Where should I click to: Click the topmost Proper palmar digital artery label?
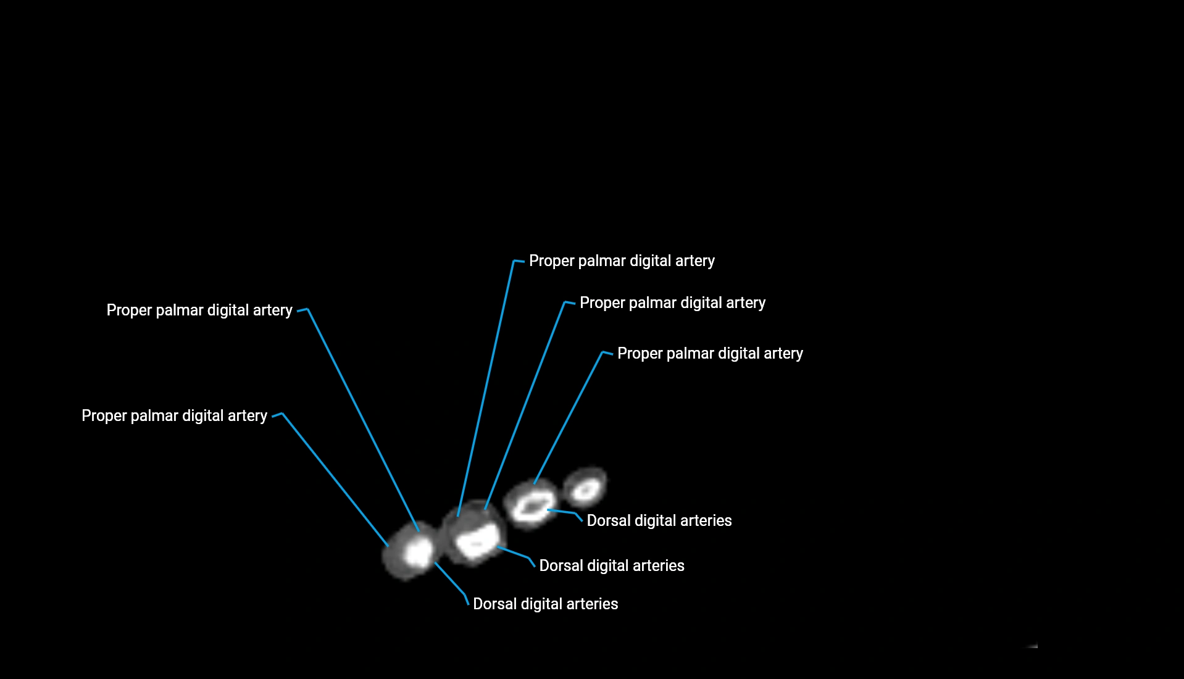pyautogui.click(x=622, y=261)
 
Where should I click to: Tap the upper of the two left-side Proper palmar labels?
pyautogui.click(x=199, y=310)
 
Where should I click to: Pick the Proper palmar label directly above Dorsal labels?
pyautogui.click(x=710, y=354)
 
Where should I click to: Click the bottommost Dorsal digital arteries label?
pyautogui.click(x=545, y=604)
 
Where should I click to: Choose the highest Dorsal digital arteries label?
pyautogui.click(x=659, y=521)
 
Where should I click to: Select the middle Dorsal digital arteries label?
pyautogui.click(x=611, y=566)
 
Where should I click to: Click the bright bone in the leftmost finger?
pyautogui.click(x=418, y=551)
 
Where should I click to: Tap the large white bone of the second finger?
pyautogui.click(x=477, y=541)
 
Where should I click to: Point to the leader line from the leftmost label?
pyautogui.click(x=333, y=478)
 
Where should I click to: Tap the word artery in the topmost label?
pyautogui.click(x=694, y=261)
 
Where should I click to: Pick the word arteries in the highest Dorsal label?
pyautogui.click(x=706, y=521)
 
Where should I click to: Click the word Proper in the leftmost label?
pyautogui.click(x=104, y=416)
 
